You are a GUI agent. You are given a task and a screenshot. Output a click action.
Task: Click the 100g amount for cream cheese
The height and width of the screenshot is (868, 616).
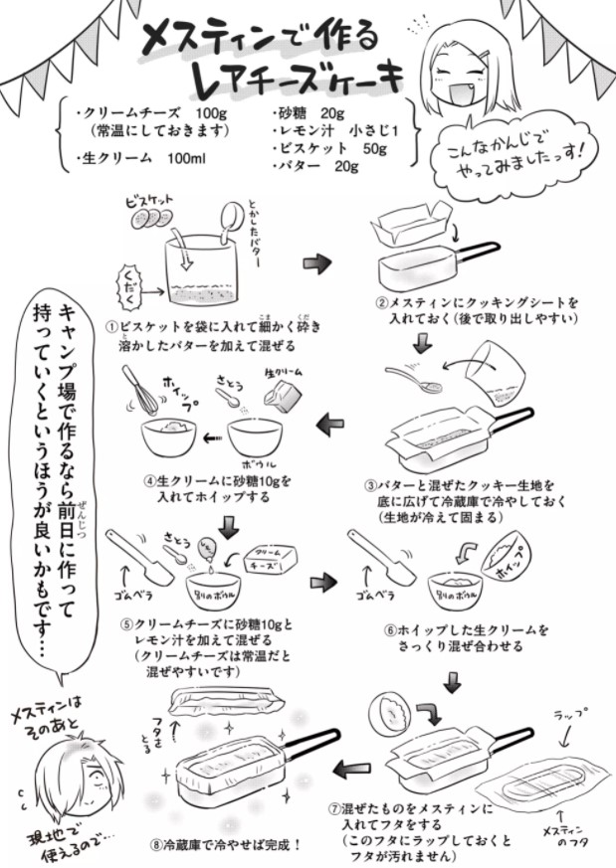pyautogui.click(x=212, y=112)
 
